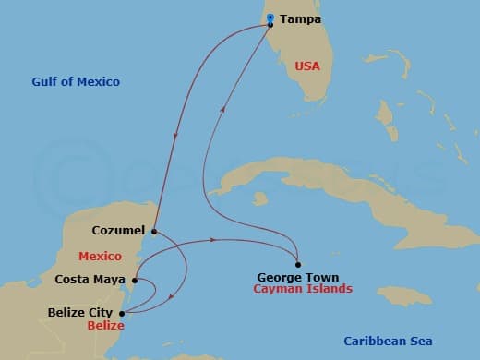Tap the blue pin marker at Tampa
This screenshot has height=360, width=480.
point(270,18)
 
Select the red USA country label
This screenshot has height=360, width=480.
point(308,66)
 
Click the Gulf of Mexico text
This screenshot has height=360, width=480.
point(75,82)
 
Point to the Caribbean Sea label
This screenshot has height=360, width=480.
point(381,340)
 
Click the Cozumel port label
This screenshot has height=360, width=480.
point(119,231)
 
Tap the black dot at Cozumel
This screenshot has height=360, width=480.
point(154,231)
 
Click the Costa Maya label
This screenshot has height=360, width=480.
point(90,279)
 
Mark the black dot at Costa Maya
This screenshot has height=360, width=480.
point(135,280)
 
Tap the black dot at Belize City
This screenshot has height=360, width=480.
point(124,313)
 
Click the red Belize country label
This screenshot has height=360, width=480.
point(105,326)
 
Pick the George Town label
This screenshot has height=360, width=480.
point(298,277)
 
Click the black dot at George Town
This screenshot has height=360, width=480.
point(297,265)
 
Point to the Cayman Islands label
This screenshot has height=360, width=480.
point(303,289)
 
